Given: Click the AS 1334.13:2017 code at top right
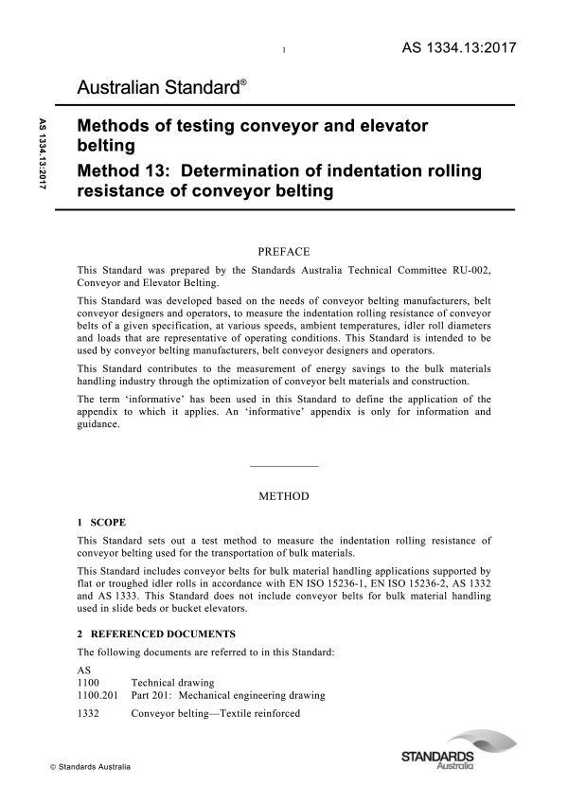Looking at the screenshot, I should (457, 47).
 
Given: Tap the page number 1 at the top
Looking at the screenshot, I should (284, 50).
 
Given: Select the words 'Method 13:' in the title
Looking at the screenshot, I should (124, 172).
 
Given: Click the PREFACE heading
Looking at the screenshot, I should (283, 252).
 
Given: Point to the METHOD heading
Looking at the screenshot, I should (283, 495).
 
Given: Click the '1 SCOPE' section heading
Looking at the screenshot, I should (100, 522).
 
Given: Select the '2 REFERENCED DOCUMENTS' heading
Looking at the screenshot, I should (156, 634).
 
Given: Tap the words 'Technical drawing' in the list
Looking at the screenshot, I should (173, 682).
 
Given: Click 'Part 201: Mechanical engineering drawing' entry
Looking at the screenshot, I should (228, 695).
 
